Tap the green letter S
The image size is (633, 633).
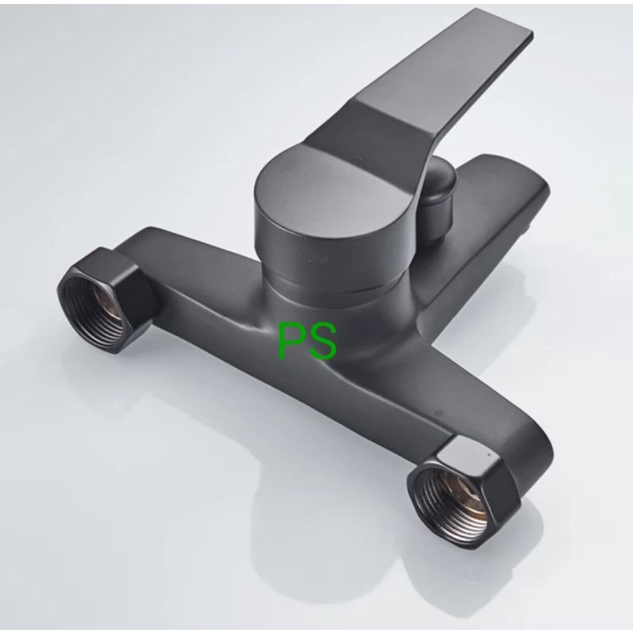pos(321,340)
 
